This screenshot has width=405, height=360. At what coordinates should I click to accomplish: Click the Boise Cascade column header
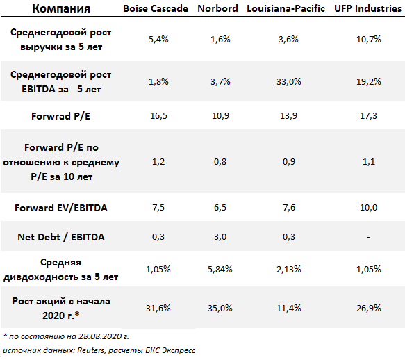(x=156, y=8)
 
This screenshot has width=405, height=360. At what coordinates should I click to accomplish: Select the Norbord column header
(x=217, y=8)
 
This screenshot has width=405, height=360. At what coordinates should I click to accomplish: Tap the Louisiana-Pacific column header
(x=286, y=8)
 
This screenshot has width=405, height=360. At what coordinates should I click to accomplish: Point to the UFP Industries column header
(x=367, y=8)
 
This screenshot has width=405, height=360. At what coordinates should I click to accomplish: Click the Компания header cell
(x=61, y=8)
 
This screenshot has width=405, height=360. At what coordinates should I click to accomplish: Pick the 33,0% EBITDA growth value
(x=289, y=82)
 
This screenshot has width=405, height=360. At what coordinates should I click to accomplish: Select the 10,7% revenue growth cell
(x=369, y=40)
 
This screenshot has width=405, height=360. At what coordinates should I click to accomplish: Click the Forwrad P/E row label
(x=60, y=116)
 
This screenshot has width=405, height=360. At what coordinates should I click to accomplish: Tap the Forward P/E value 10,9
(x=220, y=116)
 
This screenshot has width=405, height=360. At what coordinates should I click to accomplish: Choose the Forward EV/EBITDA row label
(x=61, y=208)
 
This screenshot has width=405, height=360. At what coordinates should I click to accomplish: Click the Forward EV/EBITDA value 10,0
(x=369, y=208)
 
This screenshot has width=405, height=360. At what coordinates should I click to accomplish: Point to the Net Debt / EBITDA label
(x=61, y=237)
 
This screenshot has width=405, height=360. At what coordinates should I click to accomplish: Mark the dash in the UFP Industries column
(x=368, y=237)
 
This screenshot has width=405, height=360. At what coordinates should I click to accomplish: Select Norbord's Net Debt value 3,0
(x=220, y=237)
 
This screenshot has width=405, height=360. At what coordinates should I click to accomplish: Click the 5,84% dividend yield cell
(x=220, y=269)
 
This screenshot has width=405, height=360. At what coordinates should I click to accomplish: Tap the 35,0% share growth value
(x=220, y=308)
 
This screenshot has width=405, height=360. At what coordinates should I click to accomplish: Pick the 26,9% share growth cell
(x=369, y=308)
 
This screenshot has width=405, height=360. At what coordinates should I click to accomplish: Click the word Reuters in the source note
(x=91, y=350)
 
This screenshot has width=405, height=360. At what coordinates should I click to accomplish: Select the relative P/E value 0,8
(x=220, y=162)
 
